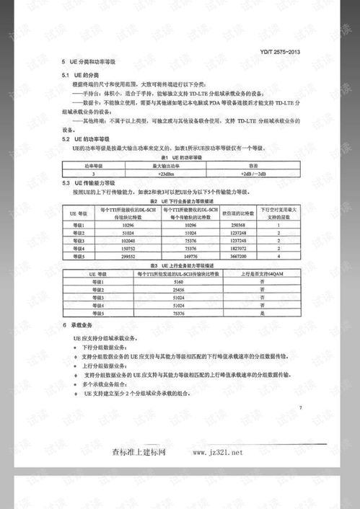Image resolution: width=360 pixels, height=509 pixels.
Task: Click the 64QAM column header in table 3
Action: click(x=273, y=273)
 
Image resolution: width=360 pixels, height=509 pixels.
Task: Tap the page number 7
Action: click(x=299, y=409)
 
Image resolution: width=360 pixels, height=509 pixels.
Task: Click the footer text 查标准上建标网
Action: click(x=140, y=453)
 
